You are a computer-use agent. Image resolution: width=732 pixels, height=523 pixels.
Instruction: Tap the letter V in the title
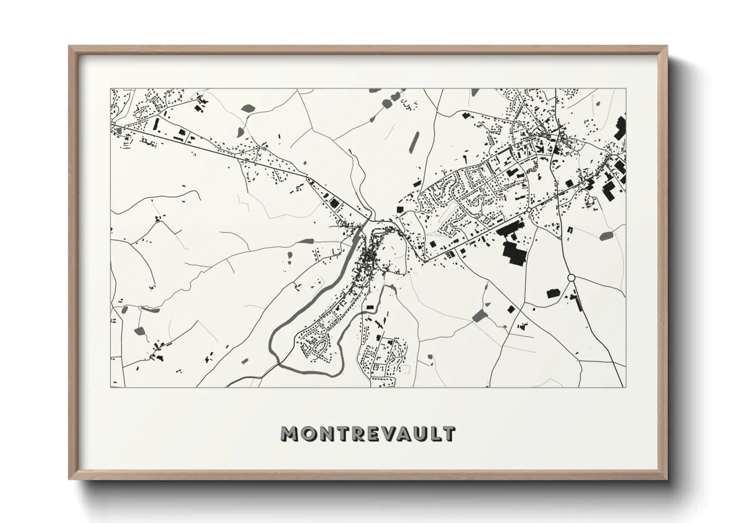(386, 434)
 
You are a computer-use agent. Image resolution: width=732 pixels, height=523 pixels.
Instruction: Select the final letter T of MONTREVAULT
(449, 434)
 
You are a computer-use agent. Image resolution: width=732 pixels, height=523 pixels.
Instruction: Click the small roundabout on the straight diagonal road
(529, 210)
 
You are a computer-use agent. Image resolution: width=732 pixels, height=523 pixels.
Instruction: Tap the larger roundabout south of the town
(571, 278)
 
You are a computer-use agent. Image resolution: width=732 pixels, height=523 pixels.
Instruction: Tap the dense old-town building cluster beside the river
(368, 257)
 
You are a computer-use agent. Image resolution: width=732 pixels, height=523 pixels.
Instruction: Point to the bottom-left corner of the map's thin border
(111, 387)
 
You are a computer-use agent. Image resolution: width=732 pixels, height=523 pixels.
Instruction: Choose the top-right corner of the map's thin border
(626, 89)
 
